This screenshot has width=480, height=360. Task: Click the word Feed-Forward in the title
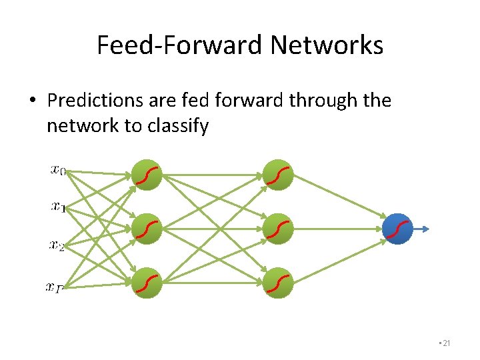(x=180, y=46)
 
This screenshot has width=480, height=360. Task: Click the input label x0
(x=58, y=170)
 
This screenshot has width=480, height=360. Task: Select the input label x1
(x=58, y=207)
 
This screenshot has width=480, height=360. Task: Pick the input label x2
(x=57, y=245)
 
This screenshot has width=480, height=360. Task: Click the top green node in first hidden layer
(x=147, y=175)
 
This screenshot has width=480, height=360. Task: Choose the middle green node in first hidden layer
(x=147, y=229)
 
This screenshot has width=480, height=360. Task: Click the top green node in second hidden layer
(x=278, y=175)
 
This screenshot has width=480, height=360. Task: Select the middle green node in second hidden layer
(x=278, y=229)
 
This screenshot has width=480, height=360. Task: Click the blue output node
(x=399, y=229)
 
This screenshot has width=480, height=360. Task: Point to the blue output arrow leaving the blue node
(x=422, y=229)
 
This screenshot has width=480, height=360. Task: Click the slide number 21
(x=446, y=343)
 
